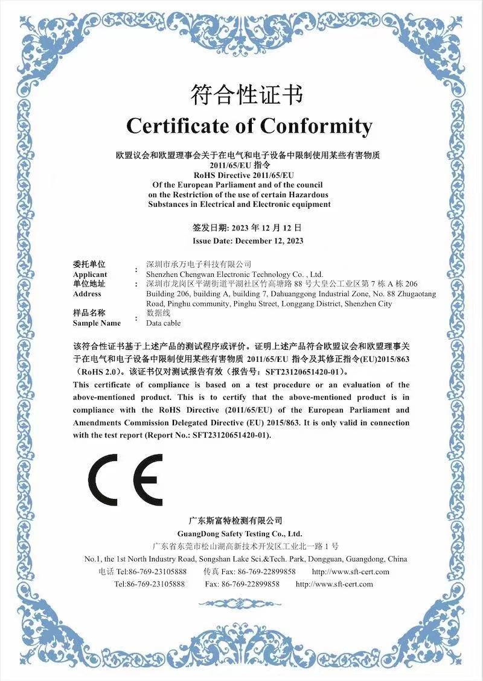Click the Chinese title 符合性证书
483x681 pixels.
tap(247, 95)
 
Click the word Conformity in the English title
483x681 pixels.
tap(316, 126)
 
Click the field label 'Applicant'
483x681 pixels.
tap(90, 274)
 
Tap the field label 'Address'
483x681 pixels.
tap(87, 294)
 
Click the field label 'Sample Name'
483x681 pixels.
tap(97, 323)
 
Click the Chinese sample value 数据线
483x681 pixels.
tap(159, 313)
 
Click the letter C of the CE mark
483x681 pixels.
tap(103, 480)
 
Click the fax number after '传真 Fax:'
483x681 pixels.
tap(267, 571)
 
